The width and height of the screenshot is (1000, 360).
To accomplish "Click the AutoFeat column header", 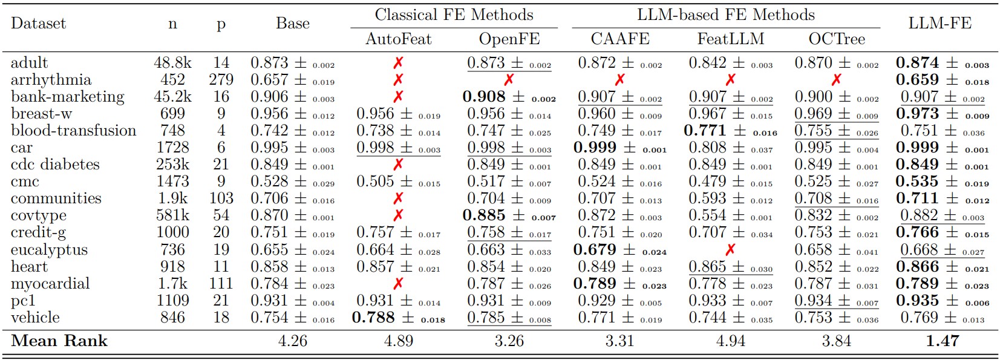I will [398, 39].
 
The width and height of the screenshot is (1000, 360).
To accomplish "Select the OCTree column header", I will [837, 39].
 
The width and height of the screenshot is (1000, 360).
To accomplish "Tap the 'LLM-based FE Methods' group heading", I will [725, 15].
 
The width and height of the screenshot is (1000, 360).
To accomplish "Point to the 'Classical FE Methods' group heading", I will [454, 15].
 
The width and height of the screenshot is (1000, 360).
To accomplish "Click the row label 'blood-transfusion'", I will [73, 131].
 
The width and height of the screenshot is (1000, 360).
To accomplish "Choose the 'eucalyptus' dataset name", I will [49, 250].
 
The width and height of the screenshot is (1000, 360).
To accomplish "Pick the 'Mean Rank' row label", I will [59, 341].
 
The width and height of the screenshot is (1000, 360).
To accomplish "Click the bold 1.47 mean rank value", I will [942, 341].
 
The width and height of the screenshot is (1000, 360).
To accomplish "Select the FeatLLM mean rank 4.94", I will [730, 341].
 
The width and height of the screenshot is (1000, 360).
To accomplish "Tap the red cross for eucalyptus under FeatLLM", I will [730, 249].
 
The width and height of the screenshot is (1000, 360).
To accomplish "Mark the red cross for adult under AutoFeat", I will [398, 63].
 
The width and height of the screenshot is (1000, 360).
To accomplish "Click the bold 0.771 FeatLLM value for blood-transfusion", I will [705, 131].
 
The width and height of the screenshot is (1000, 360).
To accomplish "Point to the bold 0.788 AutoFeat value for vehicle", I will [373, 318].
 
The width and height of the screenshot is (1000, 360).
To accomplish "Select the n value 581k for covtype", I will [172, 215].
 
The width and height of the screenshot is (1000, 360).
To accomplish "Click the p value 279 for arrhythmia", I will [221, 80].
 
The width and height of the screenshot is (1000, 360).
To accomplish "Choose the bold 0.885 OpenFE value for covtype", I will [484, 215].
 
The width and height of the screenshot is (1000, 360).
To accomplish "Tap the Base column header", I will [293, 24].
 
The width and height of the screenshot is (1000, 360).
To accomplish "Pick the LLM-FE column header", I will [940, 24].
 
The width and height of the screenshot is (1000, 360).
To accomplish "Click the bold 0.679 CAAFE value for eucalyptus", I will [595, 250].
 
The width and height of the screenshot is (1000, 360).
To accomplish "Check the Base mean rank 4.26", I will [293, 341].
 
